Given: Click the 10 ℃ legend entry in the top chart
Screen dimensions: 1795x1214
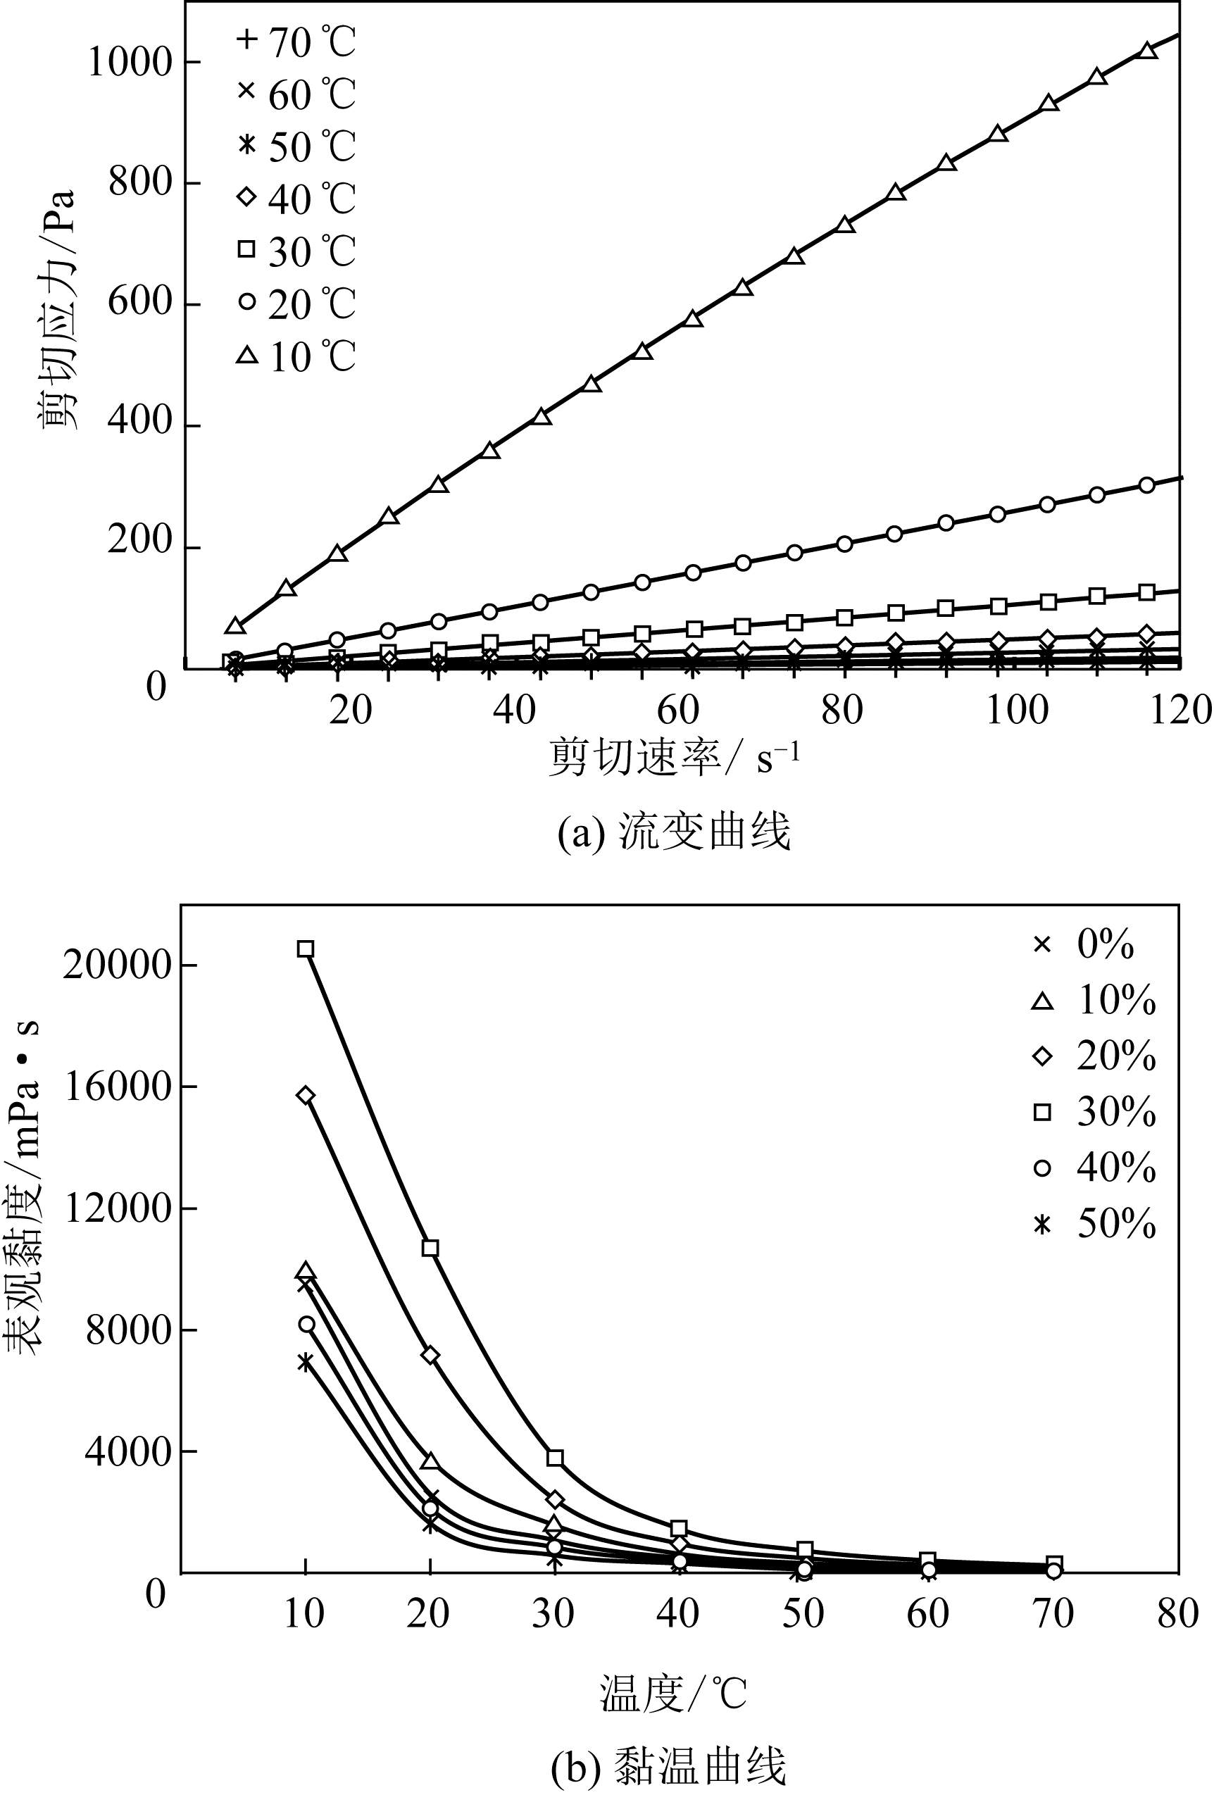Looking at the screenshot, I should pyautogui.click(x=296, y=357).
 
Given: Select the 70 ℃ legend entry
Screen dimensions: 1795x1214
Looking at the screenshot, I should pyautogui.click(x=296, y=42).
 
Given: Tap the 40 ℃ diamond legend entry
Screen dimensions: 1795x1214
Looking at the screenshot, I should pyautogui.click(x=296, y=199).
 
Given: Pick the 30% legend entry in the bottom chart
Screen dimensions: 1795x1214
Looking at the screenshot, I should pyautogui.click(x=1095, y=1112).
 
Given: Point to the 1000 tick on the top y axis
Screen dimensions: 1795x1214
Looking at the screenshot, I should pyautogui.click(x=129, y=62).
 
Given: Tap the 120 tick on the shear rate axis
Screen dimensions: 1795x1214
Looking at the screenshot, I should pyautogui.click(x=1180, y=709).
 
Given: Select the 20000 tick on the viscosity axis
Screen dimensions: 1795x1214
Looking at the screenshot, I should pyautogui.click(x=117, y=965).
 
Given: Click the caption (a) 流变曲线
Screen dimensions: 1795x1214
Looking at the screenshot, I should pyautogui.click(x=673, y=832).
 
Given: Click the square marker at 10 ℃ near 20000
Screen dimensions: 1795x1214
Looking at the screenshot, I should pyautogui.click(x=306, y=949).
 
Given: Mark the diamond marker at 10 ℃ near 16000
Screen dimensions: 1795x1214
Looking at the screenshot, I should pyautogui.click(x=306, y=1095).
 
